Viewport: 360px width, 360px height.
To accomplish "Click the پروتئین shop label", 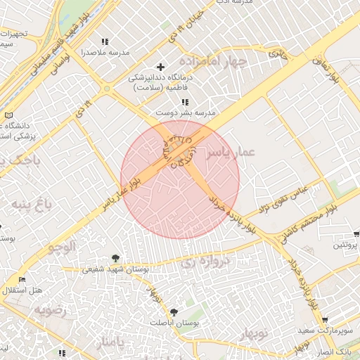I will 345,245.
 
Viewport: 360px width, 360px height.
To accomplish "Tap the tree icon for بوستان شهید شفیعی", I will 115,258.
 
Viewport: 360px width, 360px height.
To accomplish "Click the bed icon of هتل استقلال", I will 22,280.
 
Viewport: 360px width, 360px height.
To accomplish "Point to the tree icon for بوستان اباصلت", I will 174,311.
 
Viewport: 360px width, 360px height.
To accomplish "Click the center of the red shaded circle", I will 180,179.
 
